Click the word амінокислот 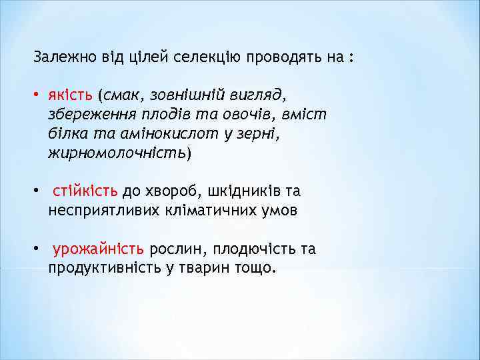point(159,134)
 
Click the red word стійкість point(85,192)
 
